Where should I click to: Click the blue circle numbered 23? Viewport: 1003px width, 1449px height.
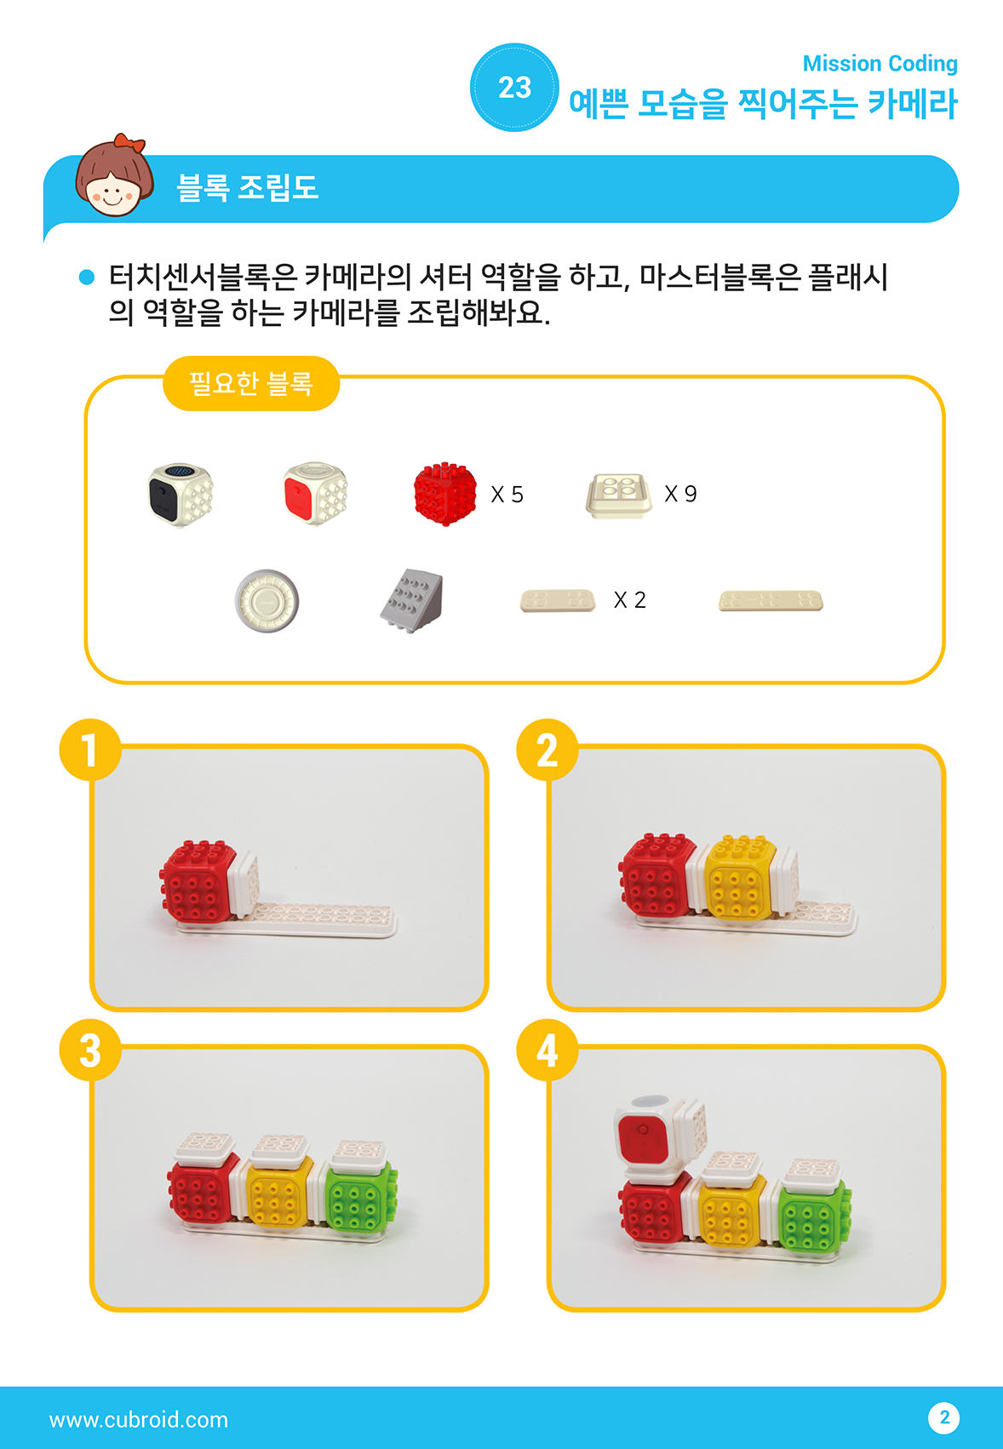click(x=514, y=88)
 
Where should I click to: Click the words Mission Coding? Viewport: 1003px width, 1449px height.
click(x=880, y=63)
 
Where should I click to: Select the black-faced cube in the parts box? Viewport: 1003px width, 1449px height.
click(x=181, y=495)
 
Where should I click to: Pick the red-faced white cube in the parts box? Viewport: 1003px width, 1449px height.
click(x=315, y=493)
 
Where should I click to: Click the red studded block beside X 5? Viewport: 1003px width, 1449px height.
click(x=445, y=494)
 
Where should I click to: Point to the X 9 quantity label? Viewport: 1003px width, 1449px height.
click(x=681, y=495)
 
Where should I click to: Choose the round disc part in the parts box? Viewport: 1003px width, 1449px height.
click(x=267, y=601)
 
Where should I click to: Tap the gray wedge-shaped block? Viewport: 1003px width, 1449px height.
click(x=412, y=601)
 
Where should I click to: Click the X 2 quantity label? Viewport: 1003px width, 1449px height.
click(x=629, y=600)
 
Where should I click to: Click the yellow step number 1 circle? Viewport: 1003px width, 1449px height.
click(x=90, y=750)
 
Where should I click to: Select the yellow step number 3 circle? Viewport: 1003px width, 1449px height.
click(x=90, y=1050)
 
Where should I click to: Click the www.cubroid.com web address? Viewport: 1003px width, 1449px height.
click(x=139, y=1420)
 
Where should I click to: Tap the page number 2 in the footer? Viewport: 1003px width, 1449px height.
click(x=944, y=1418)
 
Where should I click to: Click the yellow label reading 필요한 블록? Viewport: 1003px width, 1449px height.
click(x=251, y=384)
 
